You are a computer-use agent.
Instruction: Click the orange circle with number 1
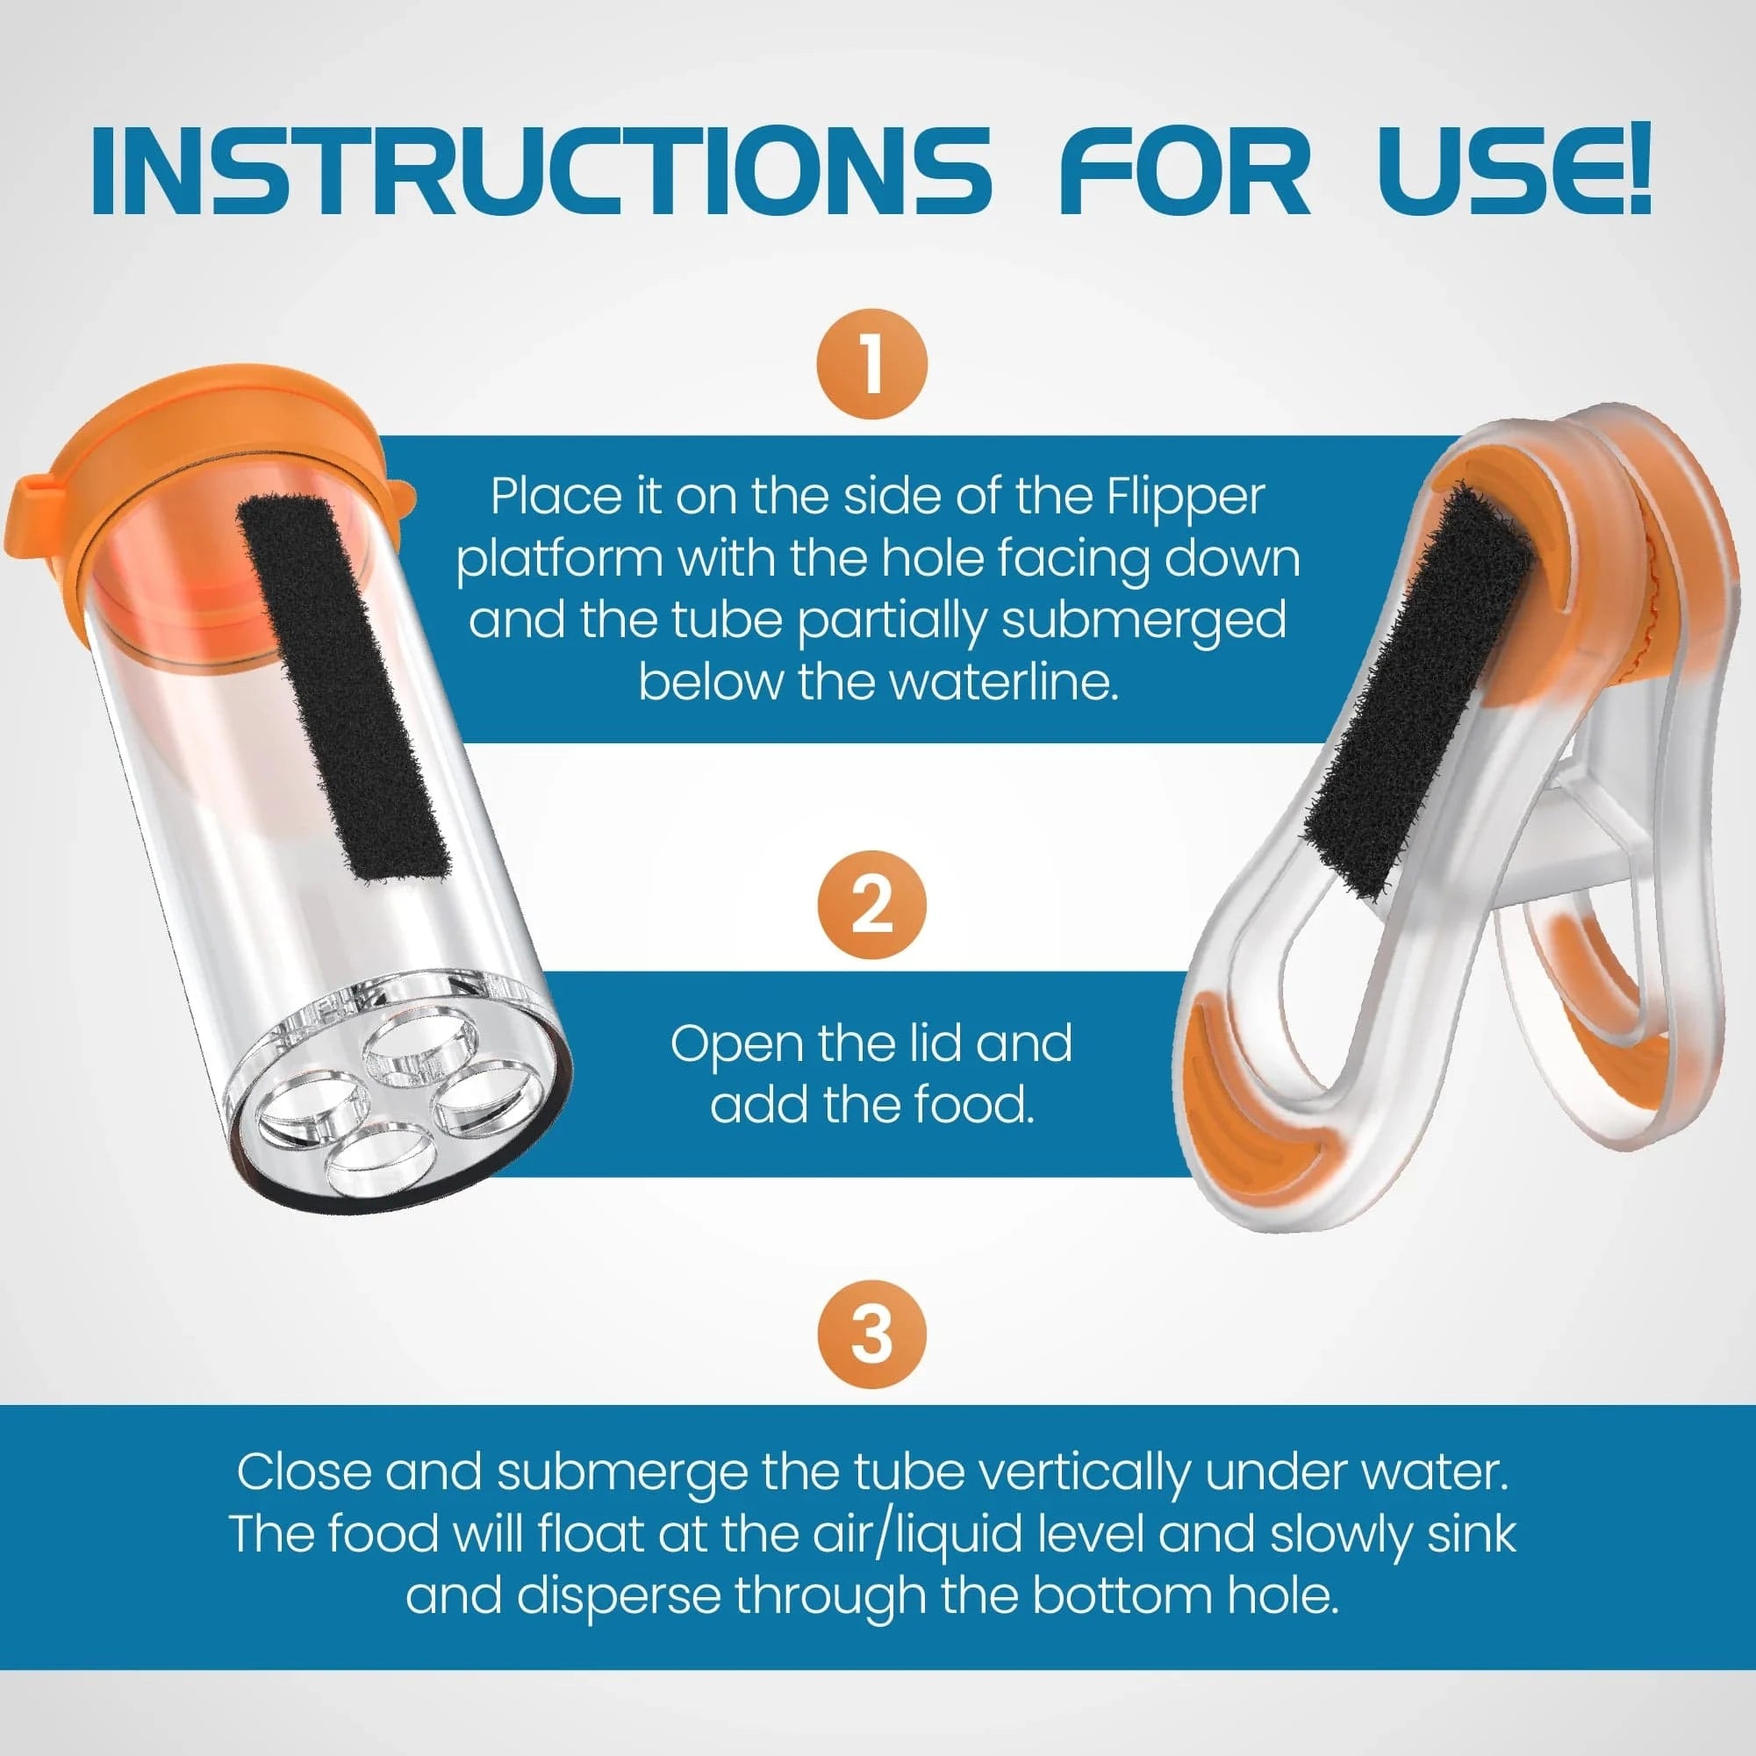[871, 364]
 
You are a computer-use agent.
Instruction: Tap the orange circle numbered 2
[871, 906]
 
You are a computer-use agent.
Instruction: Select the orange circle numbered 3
[871, 1333]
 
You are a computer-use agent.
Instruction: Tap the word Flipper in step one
[1186, 498]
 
